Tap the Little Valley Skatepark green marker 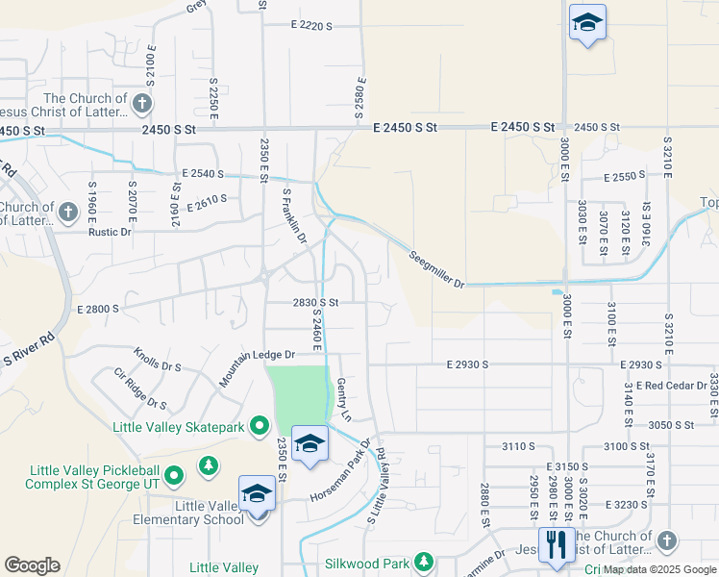click(259, 425)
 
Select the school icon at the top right click(587, 21)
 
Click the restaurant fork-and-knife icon click(557, 544)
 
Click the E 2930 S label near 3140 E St click(641, 364)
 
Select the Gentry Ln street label click(345, 399)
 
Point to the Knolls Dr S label click(158, 361)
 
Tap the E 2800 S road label click(95, 309)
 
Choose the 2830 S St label click(316, 302)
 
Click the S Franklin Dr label click(294, 214)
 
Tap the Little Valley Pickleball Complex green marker click(173, 474)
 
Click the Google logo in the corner click(32, 565)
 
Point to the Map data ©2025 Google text click(659, 569)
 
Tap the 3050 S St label click(672, 424)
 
